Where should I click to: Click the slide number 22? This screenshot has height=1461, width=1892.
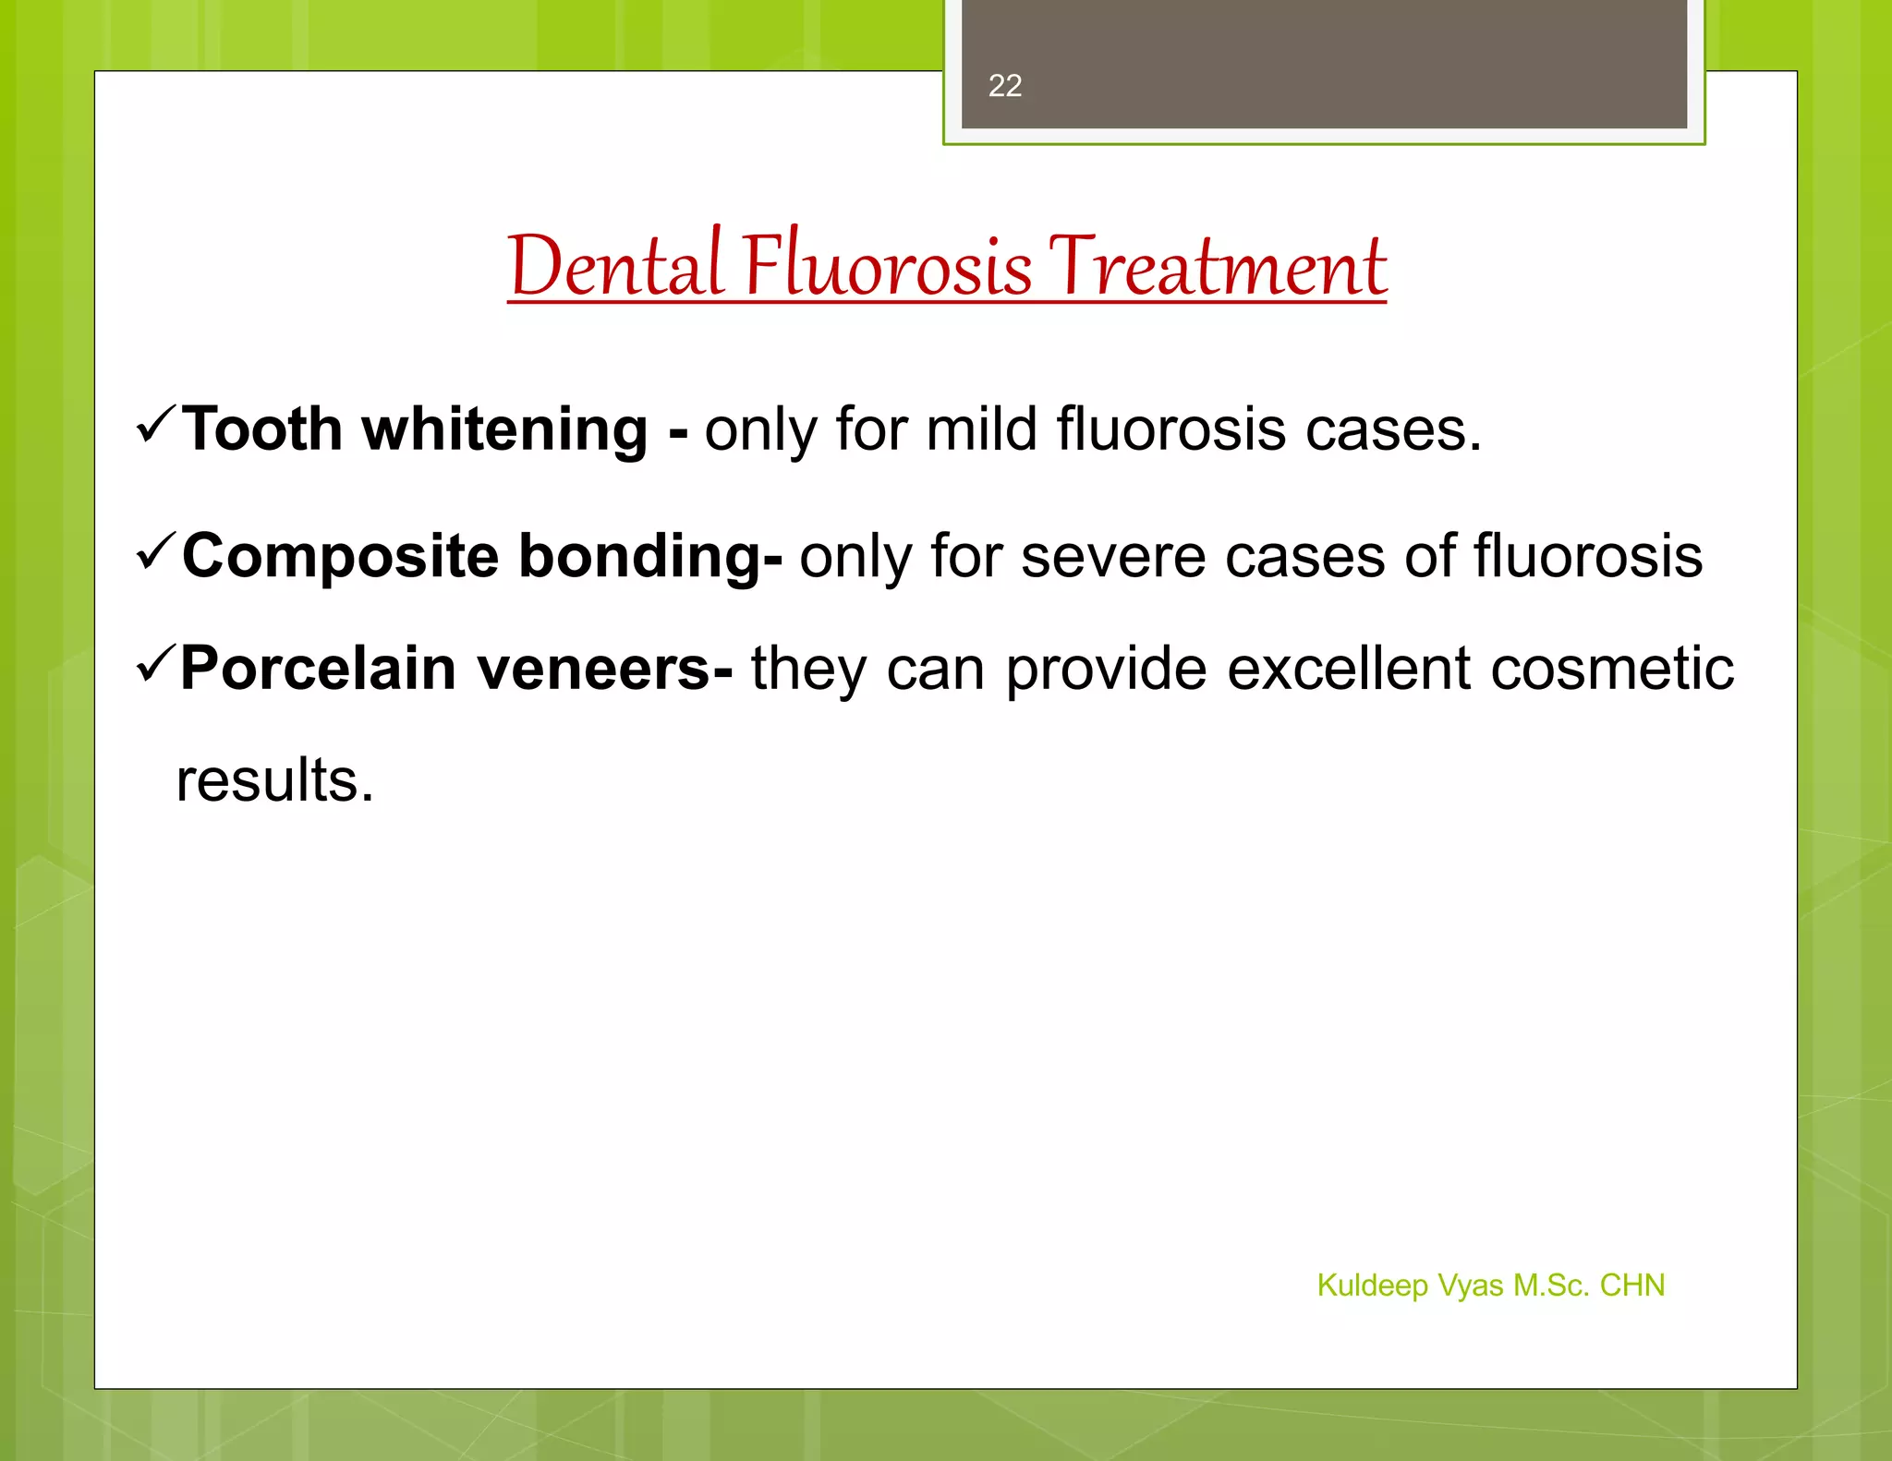1004,86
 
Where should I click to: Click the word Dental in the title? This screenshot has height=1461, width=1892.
614,267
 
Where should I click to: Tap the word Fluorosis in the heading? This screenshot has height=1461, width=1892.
888,267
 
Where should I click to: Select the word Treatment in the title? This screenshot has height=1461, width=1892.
1218,267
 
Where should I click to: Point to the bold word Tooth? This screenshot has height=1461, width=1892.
262,429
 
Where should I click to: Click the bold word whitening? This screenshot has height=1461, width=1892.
505,431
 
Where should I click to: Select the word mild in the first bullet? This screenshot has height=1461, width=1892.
982,429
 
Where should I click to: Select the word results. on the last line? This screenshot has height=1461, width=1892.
275,780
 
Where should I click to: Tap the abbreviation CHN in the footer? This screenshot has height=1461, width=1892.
1631,1286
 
